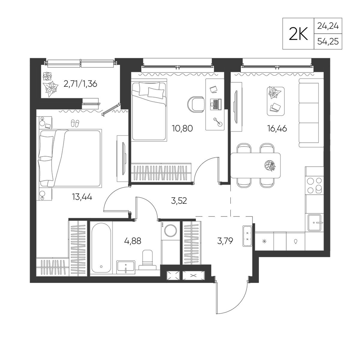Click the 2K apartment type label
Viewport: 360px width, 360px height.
point(298,34)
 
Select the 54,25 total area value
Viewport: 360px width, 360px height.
point(328,41)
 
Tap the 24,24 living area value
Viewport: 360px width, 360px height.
point(328,26)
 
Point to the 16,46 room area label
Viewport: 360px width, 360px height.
point(277,129)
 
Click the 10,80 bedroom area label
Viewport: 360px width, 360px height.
point(182,129)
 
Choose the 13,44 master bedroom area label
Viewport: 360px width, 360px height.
point(82,197)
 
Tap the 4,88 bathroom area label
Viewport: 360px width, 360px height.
point(132,241)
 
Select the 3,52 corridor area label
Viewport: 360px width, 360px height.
point(179,201)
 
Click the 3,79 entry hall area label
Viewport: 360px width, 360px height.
point(225,241)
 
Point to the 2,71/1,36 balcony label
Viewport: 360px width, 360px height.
point(80,84)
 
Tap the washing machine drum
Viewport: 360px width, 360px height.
point(171,230)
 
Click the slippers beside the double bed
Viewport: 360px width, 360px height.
point(75,123)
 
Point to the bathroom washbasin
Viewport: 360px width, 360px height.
point(126,267)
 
